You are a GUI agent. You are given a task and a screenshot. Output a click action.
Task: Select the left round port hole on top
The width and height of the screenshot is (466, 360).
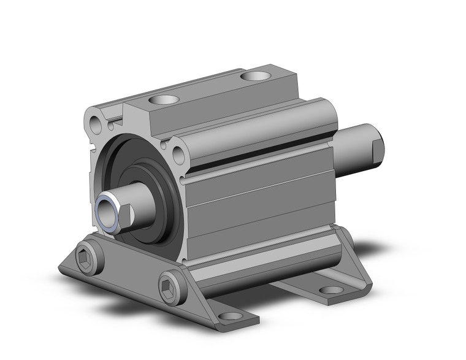click(x=166, y=99)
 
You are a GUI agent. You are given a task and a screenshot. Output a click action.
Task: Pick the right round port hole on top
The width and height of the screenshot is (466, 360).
click(x=254, y=77)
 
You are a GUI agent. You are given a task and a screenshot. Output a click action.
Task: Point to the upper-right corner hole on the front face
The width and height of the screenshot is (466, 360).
click(x=178, y=156)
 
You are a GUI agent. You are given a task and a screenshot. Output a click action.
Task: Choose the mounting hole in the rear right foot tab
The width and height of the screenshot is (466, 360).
click(x=332, y=289)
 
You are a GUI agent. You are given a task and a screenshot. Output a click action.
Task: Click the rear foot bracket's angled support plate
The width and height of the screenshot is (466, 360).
click(x=353, y=258)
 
